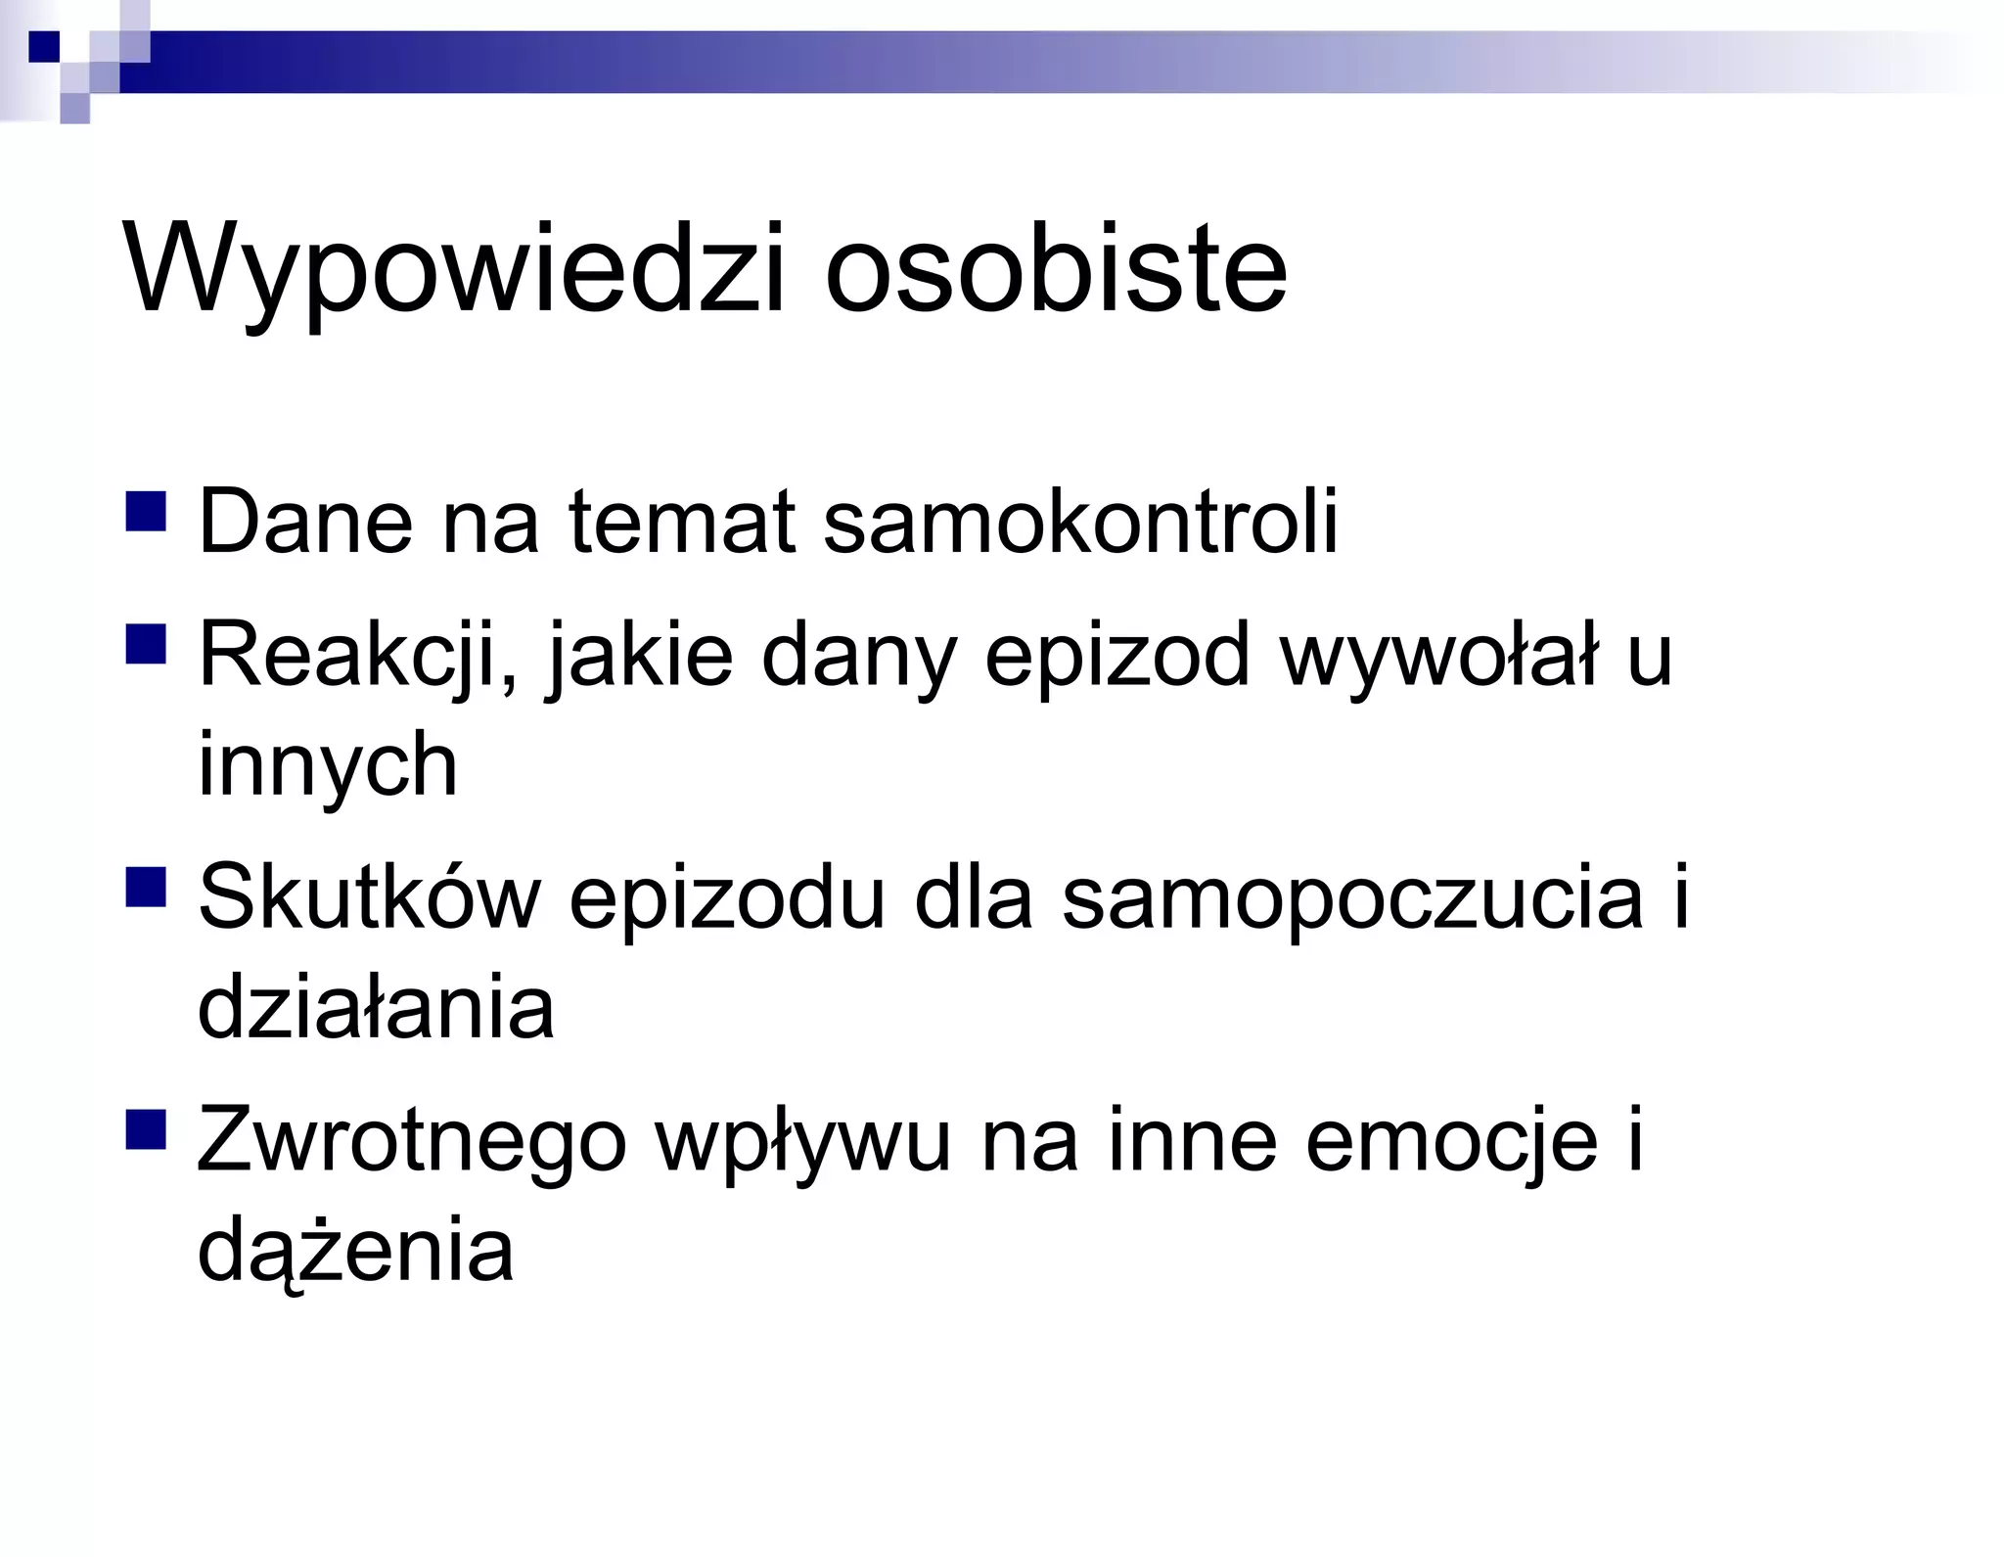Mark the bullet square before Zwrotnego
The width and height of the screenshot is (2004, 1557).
146,1128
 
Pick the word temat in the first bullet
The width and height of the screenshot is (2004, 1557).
681,522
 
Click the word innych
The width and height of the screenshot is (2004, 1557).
328,765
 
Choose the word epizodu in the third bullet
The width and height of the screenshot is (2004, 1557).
726,898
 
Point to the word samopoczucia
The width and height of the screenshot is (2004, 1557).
1352,898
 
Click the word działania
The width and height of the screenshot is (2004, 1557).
376,1008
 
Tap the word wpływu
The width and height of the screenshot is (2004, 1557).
802,1141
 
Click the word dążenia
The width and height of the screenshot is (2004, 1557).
355,1251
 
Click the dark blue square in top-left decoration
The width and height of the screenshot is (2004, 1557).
44,46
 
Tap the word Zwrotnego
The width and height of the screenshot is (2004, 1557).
411,1141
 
